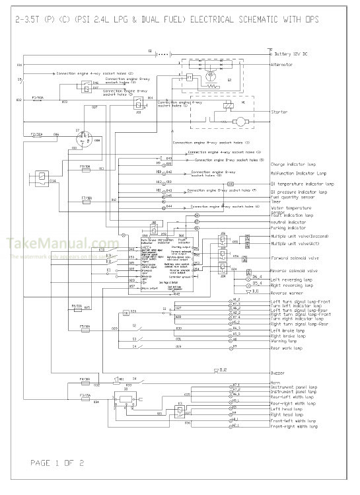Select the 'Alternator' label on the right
click(x=285, y=65)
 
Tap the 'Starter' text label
click(x=279, y=112)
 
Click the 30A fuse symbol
click(x=37, y=134)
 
